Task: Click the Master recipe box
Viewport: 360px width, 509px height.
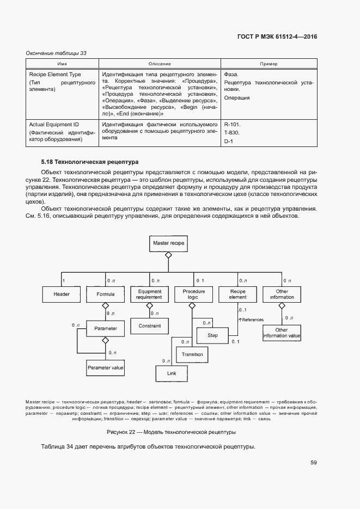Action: [x=168, y=243]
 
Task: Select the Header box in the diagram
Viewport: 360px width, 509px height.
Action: [x=62, y=295]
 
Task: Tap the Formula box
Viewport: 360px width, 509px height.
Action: [x=106, y=295]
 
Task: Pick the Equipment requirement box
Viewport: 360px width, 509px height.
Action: [x=149, y=295]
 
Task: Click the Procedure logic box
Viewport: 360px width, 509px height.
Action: [x=193, y=295]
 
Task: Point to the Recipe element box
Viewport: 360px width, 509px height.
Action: [x=237, y=295]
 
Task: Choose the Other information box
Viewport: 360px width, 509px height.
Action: [x=282, y=295]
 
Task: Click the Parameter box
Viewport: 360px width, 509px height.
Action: [x=106, y=329]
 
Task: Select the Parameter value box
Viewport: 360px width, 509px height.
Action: [x=106, y=368]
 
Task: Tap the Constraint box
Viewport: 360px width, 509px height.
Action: [x=149, y=326]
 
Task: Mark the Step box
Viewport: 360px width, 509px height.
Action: [x=212, y=335]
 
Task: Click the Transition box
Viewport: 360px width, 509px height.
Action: [x=192, y=354]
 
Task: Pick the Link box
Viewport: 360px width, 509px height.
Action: [x=173, y=373]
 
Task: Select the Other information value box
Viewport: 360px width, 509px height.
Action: [x=282, y=333]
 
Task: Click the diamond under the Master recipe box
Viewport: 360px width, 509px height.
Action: [x=168, y=255]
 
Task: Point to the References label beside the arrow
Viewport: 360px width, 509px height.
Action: [x=252, y=320]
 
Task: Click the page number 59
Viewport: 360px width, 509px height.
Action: [x=314, y=463]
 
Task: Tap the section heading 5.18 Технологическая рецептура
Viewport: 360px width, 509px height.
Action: [x=90, y=162]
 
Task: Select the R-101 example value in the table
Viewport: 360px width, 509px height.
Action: [x=232, y=124]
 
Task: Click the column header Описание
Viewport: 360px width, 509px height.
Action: [x=159, y=64]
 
